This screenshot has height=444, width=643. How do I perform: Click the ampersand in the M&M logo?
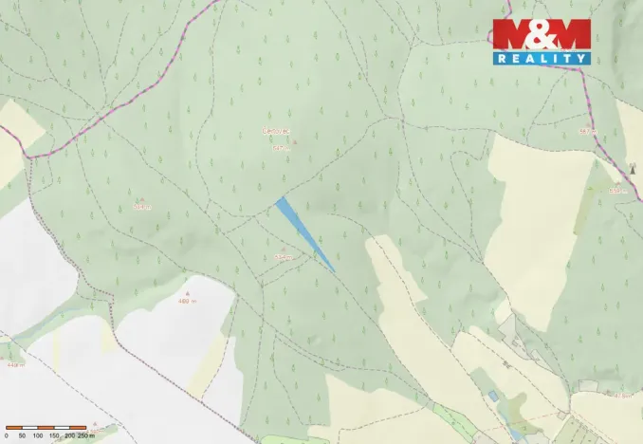pyautogui.click(x=541, y=34)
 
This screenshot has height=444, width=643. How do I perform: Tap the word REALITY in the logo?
pyautogui.click(x=541, y=58)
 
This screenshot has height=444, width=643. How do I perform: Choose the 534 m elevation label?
pyautogui.click(x=283, y=257)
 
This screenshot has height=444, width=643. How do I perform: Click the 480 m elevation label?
pyautogui.click(x=186, y=302)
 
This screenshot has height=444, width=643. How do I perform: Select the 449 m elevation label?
pyautogui.click(x=13, y=364)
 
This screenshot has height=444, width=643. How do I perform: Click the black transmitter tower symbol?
pyautogui.click(x=633, y=168)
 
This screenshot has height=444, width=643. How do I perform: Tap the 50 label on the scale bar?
pyautogui.click(x=22, y=435)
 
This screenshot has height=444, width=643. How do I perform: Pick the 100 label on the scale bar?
pyautogui.click(x=37, y=435)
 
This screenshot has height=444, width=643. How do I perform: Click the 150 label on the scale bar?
pyautogui.click(x=53, y=435)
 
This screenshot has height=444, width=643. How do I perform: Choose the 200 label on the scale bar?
pyautogui.click(x=69, y=435)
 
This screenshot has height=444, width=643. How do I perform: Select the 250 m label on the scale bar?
pyautogui.click(x=86, y=435)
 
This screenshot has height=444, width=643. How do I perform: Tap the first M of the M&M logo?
pyautogui.click(x=512, y=34)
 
